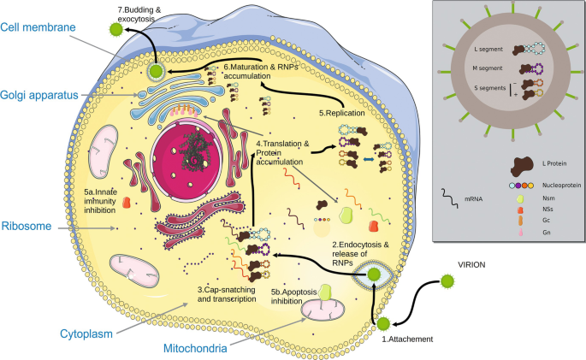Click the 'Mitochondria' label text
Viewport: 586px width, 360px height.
tap(203, 349)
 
